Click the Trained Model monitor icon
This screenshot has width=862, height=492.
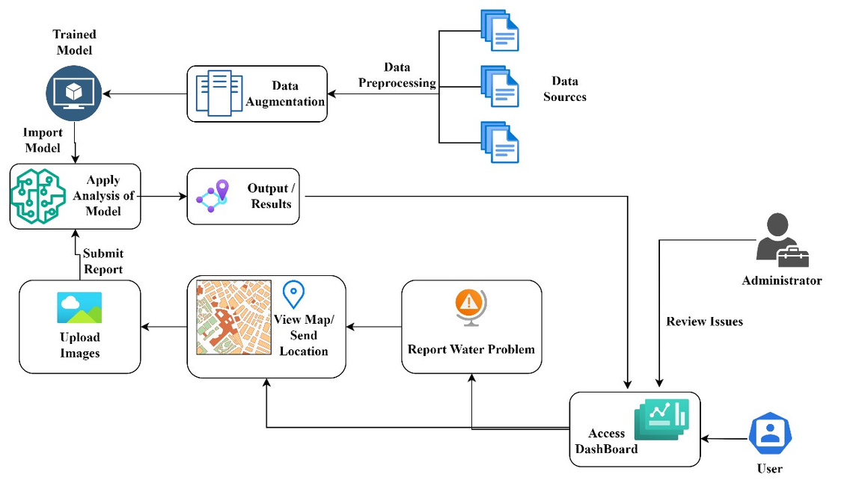73,93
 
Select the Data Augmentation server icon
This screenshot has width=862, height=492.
219,93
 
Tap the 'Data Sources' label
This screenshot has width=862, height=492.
565,89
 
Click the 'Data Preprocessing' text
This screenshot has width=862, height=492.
397,75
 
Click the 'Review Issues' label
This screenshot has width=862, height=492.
705,322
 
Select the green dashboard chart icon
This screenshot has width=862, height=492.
661,419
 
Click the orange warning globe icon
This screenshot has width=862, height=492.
470,306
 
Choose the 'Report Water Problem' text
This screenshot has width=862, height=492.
471,349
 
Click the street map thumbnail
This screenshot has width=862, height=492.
233,317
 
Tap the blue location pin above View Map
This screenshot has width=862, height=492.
293,294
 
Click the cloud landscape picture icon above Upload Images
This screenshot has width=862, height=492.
79,307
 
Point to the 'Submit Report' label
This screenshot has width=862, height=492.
103,262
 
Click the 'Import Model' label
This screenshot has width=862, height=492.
43,141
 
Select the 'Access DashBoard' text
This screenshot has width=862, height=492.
607,441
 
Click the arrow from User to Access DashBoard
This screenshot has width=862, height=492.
724,438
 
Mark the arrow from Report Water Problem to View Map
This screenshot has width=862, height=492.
374,327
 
